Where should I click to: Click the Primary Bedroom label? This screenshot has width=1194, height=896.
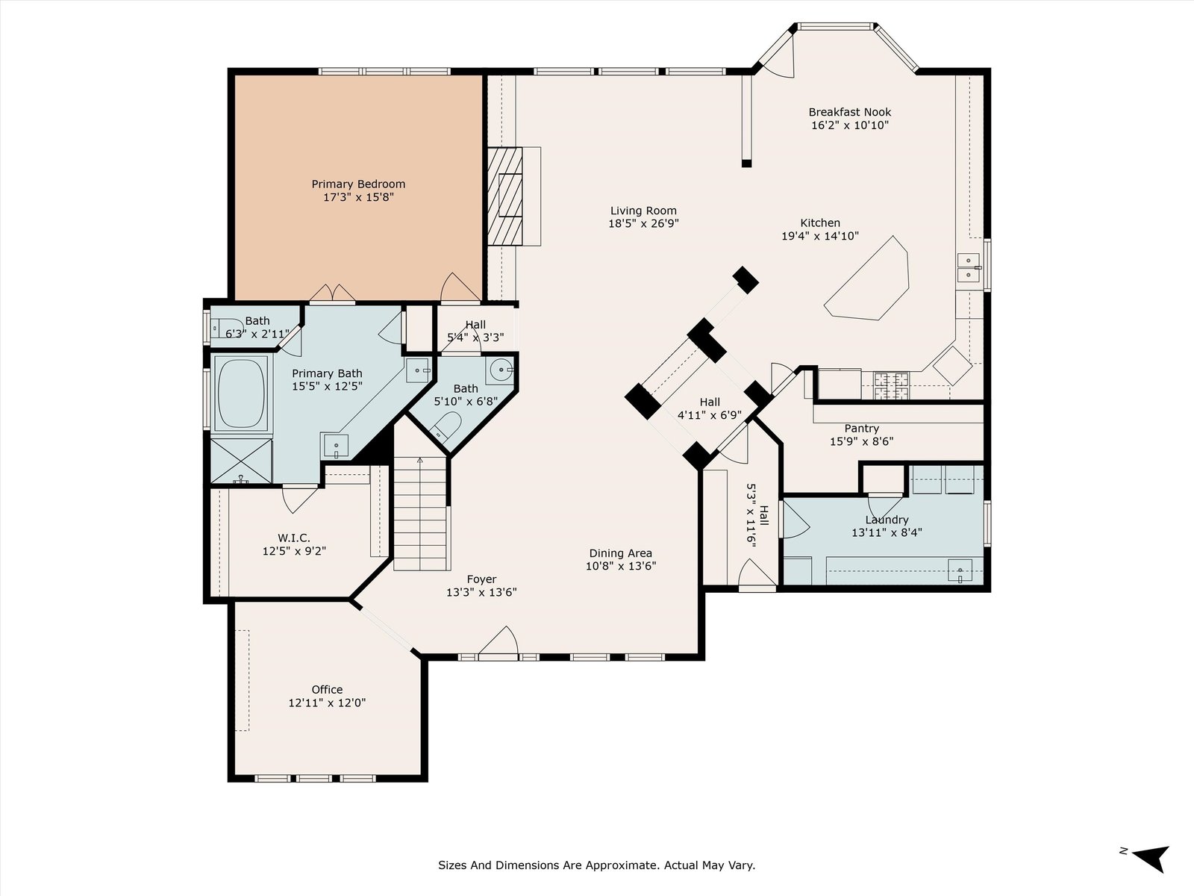pyautogui.click(x=358, y=184)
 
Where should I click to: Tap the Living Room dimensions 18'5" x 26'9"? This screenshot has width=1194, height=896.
pyautogui.click(x=643, y=223)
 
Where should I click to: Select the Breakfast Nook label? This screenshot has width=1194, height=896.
pyautogui.click(x=850, y=112)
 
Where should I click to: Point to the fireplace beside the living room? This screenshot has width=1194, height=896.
pyautogui.click(x=504, y=196)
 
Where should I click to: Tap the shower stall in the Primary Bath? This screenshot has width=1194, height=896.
pyautogui.click(x=240, y=461)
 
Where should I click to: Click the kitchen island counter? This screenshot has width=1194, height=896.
pyautogui.click(x=868, y=279)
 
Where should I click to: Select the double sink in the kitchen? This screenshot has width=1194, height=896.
pyautogui.click(x=968, y=267)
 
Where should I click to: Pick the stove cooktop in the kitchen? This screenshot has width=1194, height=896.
pyautogui.click(x=891, y=386)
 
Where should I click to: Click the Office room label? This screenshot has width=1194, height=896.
pyautogui.click(x=327, y=689)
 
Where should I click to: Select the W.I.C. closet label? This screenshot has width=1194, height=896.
pyautogui.click(x=294, y=538)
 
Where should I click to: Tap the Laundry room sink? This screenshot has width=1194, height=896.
pyautogui.click(x=960, y=571)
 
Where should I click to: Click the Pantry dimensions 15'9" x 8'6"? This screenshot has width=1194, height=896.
pyautogui.click(x=862, y=441)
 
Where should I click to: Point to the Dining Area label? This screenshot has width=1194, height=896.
pyautogui.click(x=621, y=553)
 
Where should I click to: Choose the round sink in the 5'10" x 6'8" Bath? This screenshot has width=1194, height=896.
pyautogui.click(x=501, y=370)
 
